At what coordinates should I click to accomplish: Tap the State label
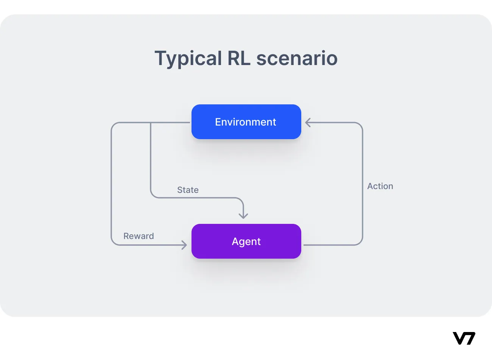188,190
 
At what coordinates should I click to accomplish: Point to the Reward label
139,236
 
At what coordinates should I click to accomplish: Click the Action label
380,186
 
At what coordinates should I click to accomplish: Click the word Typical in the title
188,59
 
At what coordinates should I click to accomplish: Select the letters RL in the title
239,58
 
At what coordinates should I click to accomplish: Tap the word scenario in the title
297,58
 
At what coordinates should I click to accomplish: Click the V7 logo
464,338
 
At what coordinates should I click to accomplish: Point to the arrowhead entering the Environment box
308,123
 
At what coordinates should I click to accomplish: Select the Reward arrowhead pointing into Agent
184,245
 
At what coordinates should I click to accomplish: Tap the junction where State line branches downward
151,123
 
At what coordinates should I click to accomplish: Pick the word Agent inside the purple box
246,241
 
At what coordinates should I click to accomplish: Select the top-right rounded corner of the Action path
360,125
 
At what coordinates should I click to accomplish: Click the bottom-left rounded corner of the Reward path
114,242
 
